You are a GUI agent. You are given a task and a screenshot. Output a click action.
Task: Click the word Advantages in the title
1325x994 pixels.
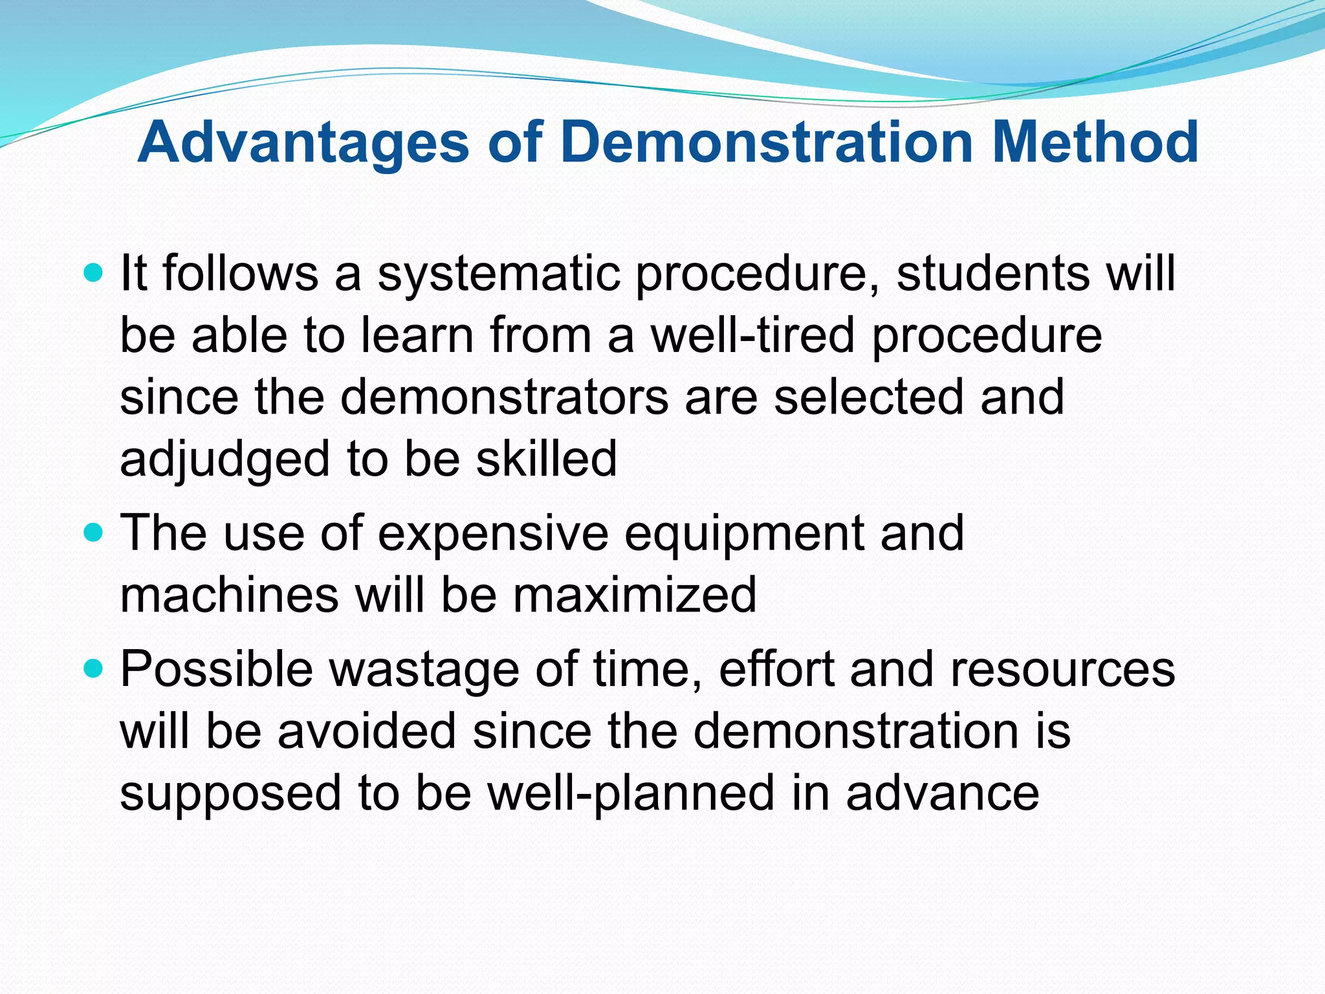303,144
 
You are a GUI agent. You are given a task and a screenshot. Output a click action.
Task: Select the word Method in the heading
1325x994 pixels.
1095,142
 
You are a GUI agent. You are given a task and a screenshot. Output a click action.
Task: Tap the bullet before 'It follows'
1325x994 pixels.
94,273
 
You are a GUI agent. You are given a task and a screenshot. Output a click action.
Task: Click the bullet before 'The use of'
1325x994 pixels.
94,533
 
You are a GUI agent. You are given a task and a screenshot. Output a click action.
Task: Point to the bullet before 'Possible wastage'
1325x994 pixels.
94,669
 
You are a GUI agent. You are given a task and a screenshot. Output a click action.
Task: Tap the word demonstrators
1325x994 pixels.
504,397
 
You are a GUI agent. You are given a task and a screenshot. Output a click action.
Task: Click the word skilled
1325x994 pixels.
546,459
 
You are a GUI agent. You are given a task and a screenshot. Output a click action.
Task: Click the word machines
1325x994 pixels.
229,595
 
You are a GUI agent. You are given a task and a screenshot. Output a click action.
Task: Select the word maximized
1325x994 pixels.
635,595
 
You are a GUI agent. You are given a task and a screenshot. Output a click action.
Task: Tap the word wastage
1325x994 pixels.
424,670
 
